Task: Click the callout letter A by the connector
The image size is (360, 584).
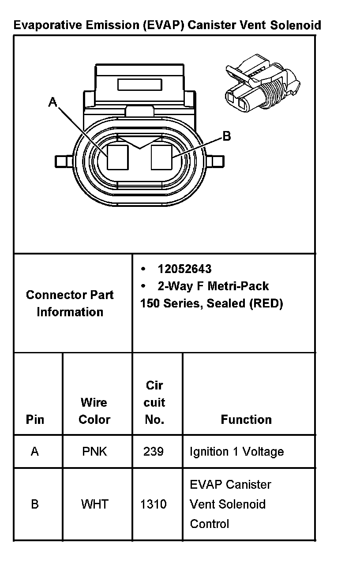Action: coord(53,102)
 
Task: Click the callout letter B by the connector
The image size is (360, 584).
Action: coord(226,136)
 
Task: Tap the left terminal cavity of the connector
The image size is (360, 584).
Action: coord(118,157)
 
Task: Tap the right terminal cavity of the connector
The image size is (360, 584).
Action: coord(161,157)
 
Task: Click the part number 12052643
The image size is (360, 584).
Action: coord(184,269)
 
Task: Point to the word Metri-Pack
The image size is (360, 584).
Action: coord(238,286)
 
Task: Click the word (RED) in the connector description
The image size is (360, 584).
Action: coord(266,303)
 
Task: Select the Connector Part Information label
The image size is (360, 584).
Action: coord(70,303)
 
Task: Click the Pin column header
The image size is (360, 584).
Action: coord(35,419)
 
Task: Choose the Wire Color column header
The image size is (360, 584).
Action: coord(94,411)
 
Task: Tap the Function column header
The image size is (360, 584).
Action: coord(246,419)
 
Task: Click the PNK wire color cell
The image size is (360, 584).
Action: coord(94,452)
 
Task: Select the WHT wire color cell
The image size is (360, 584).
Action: coord(94,504)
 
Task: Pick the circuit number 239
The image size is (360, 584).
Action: coord(154,452)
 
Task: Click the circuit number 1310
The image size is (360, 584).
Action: coord(154,504)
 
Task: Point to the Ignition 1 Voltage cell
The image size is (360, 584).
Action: coord(236,452)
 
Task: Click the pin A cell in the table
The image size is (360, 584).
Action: coord(35,452)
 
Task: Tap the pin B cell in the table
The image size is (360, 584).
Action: coord(35,504)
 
